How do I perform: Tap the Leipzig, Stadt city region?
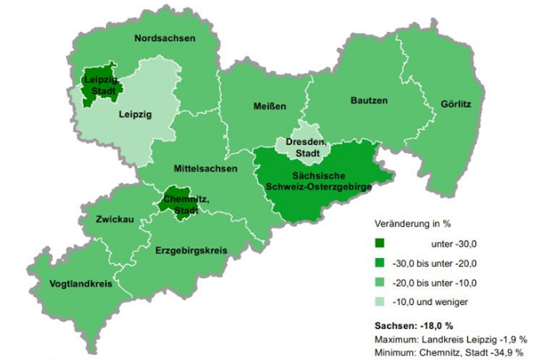point(99,85)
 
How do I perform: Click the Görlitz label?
point(456,104)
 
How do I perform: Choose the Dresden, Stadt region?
point(306,146)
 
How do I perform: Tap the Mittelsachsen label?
point(206,169)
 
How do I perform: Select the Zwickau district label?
point(114,219)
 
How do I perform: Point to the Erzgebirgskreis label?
point(190,250)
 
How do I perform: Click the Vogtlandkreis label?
point(80,284)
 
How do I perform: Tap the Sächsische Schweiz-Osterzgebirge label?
point(322,181)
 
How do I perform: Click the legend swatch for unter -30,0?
point(380,244)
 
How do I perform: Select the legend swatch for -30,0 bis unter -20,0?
point(380,263)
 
